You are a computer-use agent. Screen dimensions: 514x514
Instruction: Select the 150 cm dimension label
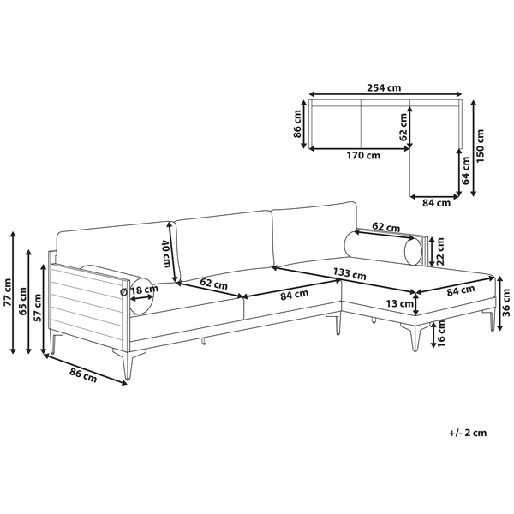pos(481,146)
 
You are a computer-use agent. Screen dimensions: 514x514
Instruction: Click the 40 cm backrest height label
pos(165,250)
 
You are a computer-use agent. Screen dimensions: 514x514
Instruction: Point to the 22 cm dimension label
pos(439,249)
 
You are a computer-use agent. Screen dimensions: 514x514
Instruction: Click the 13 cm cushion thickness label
pos(396,303)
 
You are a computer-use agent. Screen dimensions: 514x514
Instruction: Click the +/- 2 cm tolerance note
pos(468,433)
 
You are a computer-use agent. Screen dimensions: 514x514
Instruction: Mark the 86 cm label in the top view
pos(297,125)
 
